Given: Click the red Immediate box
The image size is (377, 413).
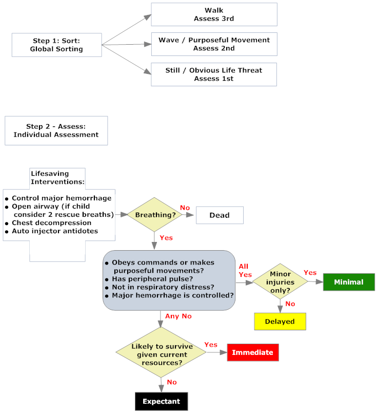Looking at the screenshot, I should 252,352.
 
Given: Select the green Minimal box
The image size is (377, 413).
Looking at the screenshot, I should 348,282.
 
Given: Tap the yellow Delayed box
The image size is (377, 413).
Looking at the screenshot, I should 280,322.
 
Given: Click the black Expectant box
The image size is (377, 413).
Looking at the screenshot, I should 161,401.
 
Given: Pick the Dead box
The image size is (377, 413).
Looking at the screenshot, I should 219,215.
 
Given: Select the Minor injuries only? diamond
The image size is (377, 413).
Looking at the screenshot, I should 280,282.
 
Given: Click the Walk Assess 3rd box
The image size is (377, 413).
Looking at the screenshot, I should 213,14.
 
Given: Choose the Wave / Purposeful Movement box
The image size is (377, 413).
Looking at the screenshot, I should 213,44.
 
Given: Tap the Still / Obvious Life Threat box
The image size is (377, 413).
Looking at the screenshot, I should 213,74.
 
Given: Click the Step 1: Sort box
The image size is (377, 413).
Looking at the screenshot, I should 56,45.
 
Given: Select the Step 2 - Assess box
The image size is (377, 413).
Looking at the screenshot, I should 56,130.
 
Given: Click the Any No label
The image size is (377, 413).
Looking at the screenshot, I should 178,316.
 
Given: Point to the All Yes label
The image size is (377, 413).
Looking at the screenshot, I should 244,270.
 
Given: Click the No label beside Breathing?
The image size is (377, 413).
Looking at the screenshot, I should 185,208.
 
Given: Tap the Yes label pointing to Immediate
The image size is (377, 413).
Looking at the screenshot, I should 211,344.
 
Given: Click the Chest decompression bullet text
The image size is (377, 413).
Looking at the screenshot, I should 51,223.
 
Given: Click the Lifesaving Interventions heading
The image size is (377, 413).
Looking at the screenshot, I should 57,177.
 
